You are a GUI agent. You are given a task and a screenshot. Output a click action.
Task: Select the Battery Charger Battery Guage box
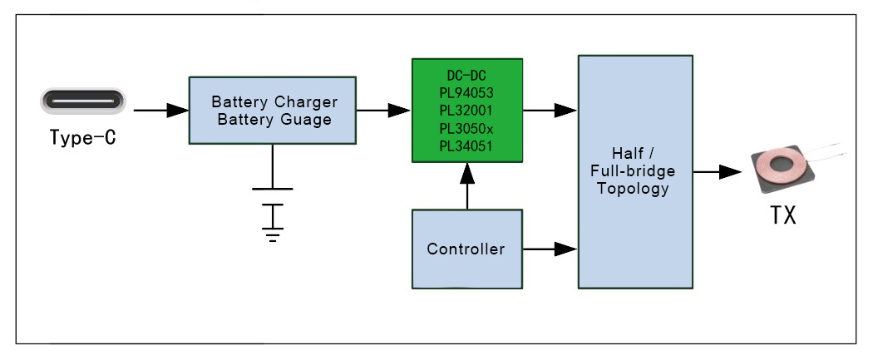click(x=274, y=111)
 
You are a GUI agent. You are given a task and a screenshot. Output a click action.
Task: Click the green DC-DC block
click(x=467, y=110)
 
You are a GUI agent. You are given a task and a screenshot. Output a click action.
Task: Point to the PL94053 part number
click(x=467, y=91)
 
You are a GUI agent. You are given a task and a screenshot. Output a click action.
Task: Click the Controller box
click(x=466, y=249)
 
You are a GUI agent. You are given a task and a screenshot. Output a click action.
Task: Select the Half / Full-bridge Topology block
click(x=636, y=172)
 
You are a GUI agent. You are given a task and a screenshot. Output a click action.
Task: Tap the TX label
click(x=782, y=215)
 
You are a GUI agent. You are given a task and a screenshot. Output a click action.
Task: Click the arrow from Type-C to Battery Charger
click(x=160, y=110)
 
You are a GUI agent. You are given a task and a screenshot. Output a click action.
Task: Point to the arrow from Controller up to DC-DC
click(x=467, y=185)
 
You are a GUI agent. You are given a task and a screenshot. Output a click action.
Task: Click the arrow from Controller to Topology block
click(x=550, y=249)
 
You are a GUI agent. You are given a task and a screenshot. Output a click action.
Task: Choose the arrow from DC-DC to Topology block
click(x=550, y=110)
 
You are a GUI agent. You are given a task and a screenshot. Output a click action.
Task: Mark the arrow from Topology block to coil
click(x=718, y=172)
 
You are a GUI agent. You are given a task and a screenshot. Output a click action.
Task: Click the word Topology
click(x=636, y=189)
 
